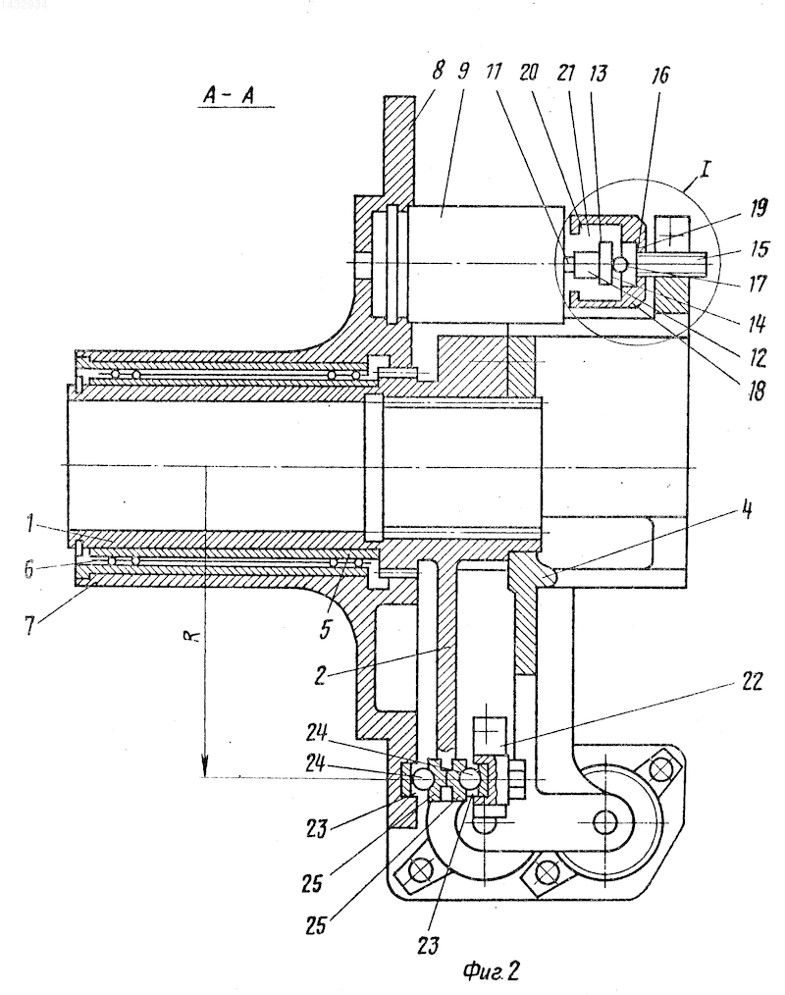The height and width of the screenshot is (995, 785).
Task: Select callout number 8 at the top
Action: click(x=438, y=70)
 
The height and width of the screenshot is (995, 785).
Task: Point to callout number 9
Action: click(x=463, y=71)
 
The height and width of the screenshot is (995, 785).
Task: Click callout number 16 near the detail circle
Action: click(x=659, y=75)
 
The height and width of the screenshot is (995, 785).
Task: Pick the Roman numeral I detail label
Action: click(x=706, y=169)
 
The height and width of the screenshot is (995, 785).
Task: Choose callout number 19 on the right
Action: click(x=759, y=208)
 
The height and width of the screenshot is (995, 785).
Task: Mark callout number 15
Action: click(x=759, y=248)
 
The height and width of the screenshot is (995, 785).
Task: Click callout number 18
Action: click(x=756, y=391)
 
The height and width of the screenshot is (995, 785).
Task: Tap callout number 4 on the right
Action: click(x=748, y=509)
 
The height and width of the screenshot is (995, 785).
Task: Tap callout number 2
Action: click(x=319, y=675)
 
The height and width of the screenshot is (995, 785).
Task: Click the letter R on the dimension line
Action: click(x=195, y=636)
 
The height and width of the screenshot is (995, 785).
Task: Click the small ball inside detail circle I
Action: click(x=620, y=263)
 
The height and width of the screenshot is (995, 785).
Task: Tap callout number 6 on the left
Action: click(x=29, y=568)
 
